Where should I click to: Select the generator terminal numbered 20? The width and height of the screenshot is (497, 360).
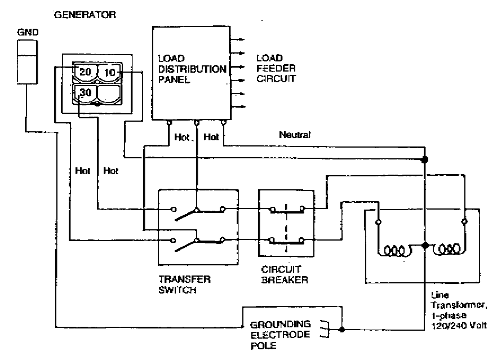pos(86,73)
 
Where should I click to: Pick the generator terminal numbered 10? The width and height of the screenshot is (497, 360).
pos(110,73)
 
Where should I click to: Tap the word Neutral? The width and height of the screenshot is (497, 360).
pos(295,135)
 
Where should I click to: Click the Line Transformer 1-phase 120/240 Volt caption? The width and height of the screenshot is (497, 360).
pos(456,310)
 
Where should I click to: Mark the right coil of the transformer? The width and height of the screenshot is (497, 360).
pos(449,249)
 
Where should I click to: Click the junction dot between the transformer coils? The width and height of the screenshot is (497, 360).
pos(425,245)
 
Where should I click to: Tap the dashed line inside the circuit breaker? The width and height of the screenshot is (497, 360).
pos(286,225)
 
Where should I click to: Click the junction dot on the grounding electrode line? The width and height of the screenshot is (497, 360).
pos(342,328)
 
